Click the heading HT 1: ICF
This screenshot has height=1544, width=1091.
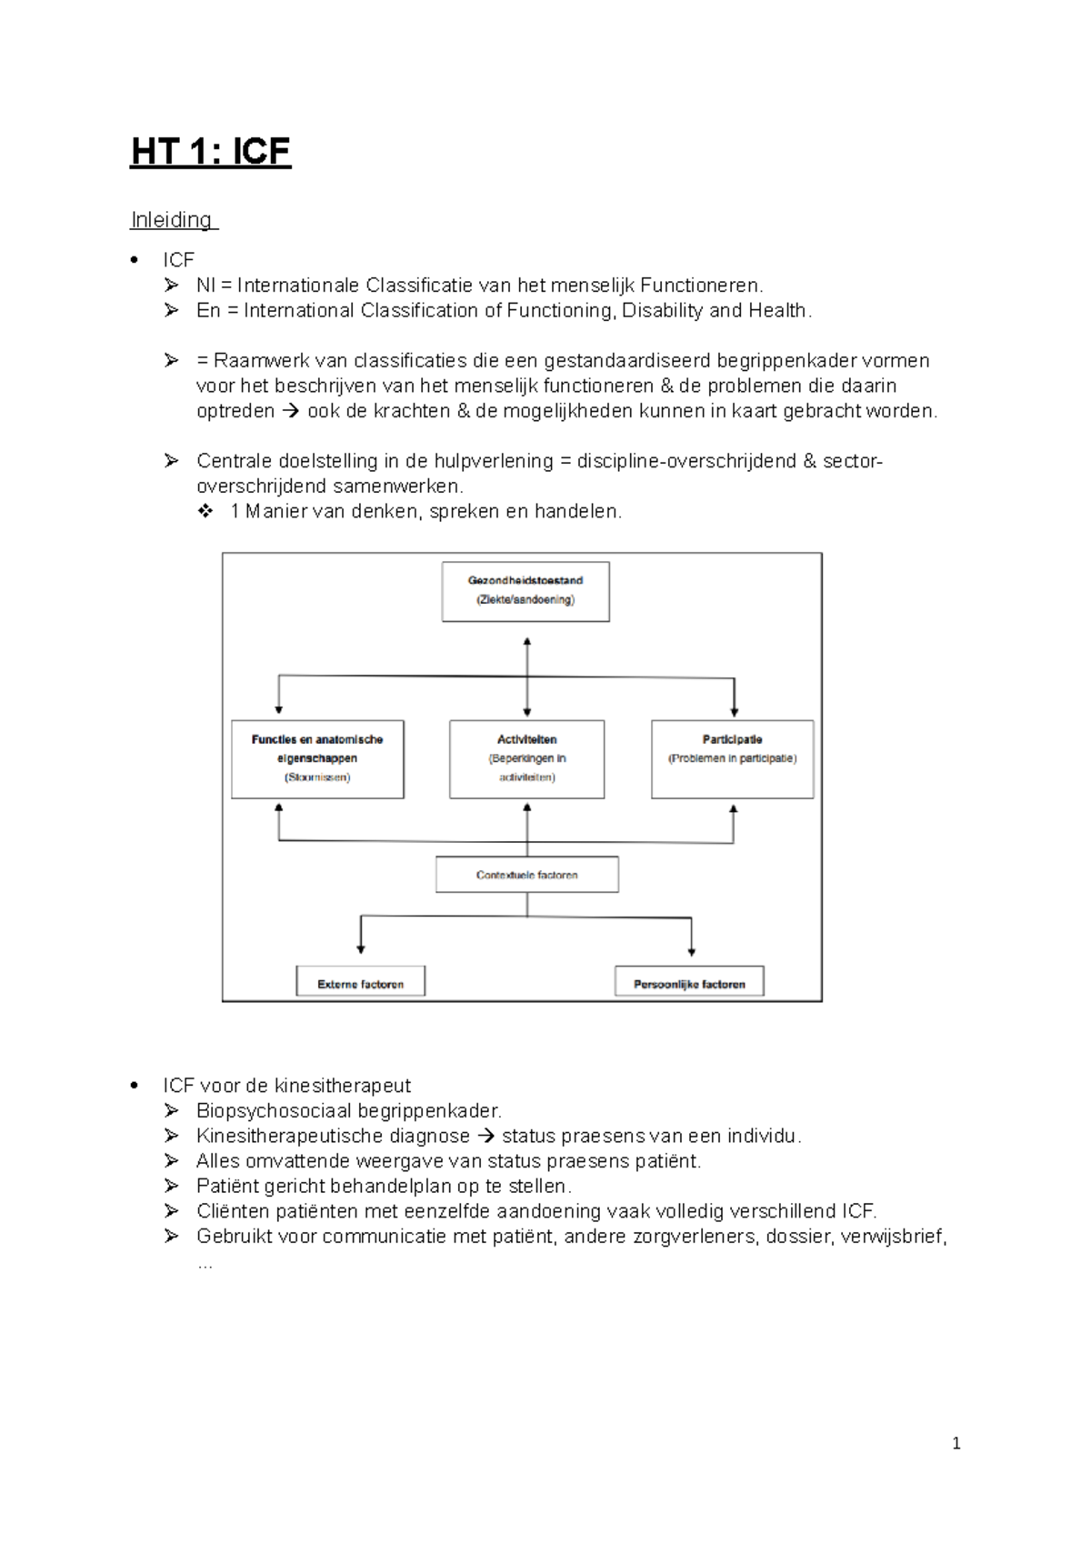[210, 151]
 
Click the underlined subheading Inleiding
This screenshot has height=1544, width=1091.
[172, 220]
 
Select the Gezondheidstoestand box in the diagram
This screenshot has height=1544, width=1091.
[525, 591]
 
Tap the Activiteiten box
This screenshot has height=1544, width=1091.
[526, 759]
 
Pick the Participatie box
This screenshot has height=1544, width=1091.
[732, 759]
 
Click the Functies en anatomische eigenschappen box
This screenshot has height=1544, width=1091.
[317, 759]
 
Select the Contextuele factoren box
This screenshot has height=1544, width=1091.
[526, 875]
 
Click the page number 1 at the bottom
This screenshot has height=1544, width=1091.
[956, 1443]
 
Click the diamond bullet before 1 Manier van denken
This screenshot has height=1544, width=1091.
[205, 511]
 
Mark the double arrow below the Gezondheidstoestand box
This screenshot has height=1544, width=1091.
[526, 677]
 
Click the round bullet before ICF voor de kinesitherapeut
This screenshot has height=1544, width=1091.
[135, 1086]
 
